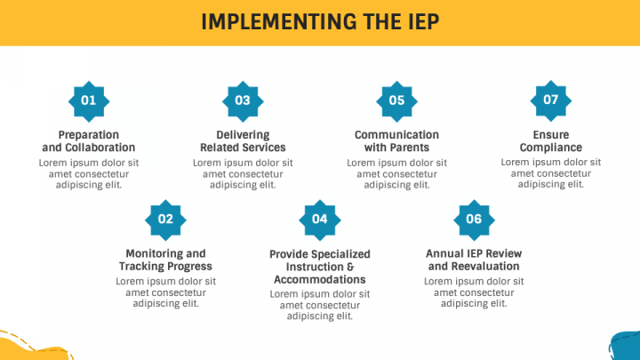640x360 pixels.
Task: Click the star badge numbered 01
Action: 89,101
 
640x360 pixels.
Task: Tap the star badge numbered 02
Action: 165,220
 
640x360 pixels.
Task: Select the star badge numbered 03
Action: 243,101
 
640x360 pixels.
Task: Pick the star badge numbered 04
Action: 320,220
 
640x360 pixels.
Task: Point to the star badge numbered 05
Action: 396,101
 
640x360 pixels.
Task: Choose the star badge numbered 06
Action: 474,220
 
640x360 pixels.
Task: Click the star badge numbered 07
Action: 550,100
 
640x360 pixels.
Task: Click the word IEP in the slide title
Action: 424,21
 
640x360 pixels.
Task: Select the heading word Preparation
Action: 89,135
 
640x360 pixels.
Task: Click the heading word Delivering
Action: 243,135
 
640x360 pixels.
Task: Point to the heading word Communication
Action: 396,135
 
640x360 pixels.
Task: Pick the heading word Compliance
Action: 550,148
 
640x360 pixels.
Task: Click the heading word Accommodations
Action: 320,279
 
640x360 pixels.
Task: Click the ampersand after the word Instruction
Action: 350,267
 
